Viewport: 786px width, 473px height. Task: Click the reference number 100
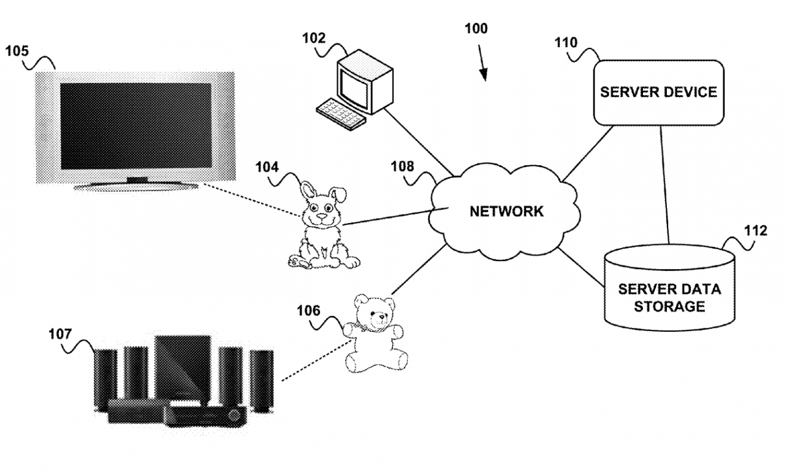coord(476,28)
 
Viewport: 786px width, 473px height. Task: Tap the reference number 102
coord(314,38)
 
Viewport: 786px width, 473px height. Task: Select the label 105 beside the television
coord(17,51)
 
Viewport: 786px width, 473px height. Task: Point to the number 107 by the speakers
coord(60,334)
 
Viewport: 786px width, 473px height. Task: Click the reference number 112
coord(755,230)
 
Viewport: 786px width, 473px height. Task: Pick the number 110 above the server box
coord(566,42)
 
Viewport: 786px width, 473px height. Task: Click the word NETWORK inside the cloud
coord(507,211)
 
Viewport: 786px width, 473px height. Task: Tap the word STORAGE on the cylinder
coord(669,307)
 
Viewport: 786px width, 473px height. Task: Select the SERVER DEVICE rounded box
coord(659,93)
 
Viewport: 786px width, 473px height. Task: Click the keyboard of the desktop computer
coord(341,114)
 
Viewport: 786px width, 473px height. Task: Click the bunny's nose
coord(321,216)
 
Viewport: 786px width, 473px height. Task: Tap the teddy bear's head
coord(374,312)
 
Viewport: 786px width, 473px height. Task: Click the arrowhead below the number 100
coord(483,75)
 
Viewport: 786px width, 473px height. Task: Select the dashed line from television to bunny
coord(252,200)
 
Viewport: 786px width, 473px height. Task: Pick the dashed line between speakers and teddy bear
coord(316,361)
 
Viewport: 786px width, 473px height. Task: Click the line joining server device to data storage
coord(664,185)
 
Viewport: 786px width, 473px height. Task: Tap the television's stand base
coord(136,186)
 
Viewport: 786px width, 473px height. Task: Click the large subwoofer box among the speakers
coord(183,367)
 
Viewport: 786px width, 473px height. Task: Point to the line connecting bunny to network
coord(395,216)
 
